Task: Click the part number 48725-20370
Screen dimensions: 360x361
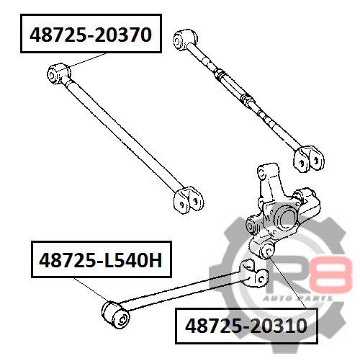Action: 91,35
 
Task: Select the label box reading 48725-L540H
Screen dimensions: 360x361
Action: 102,259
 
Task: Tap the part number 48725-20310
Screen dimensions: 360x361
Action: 246,326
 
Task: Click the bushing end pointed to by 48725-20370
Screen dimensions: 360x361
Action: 58,73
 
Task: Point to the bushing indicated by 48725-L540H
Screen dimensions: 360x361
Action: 115,315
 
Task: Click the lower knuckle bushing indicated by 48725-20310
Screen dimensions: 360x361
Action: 267,251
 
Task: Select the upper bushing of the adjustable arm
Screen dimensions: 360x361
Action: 185,39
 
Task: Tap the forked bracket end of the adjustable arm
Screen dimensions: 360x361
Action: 309,159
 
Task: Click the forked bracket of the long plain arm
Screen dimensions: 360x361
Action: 189,200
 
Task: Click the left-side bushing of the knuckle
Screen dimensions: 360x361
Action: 252,226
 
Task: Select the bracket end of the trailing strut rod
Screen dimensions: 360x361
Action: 254,274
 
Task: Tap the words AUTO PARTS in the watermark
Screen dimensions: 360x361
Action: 297,298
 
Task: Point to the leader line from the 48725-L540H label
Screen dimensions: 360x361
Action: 91,290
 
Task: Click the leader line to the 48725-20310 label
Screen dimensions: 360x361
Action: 287,282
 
